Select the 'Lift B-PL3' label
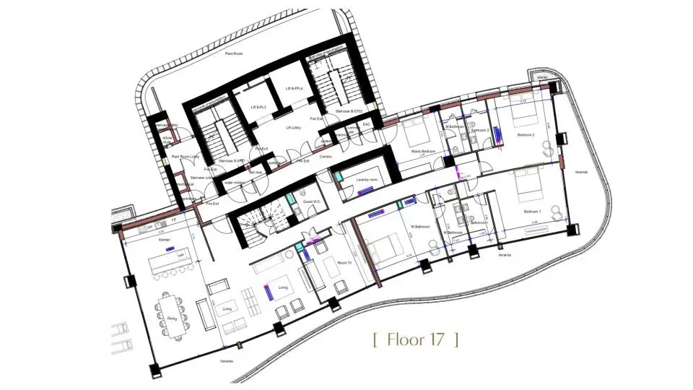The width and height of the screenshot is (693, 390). tap(258, 107)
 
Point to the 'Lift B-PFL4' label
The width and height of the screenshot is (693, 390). tap(295, 88)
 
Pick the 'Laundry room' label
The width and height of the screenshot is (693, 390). tap(357, 180)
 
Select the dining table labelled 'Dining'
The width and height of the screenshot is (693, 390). tap(172, 316)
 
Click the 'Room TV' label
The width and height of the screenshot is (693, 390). tap(344, 262)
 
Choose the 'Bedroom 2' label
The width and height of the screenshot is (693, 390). tap(526, 135)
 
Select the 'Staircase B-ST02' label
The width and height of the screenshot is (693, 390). tap(348, 112)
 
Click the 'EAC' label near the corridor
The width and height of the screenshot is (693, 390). tap(366, 125)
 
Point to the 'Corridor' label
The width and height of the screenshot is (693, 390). tap(326, 157)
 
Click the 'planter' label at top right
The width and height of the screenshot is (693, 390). tap(542, 75)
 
